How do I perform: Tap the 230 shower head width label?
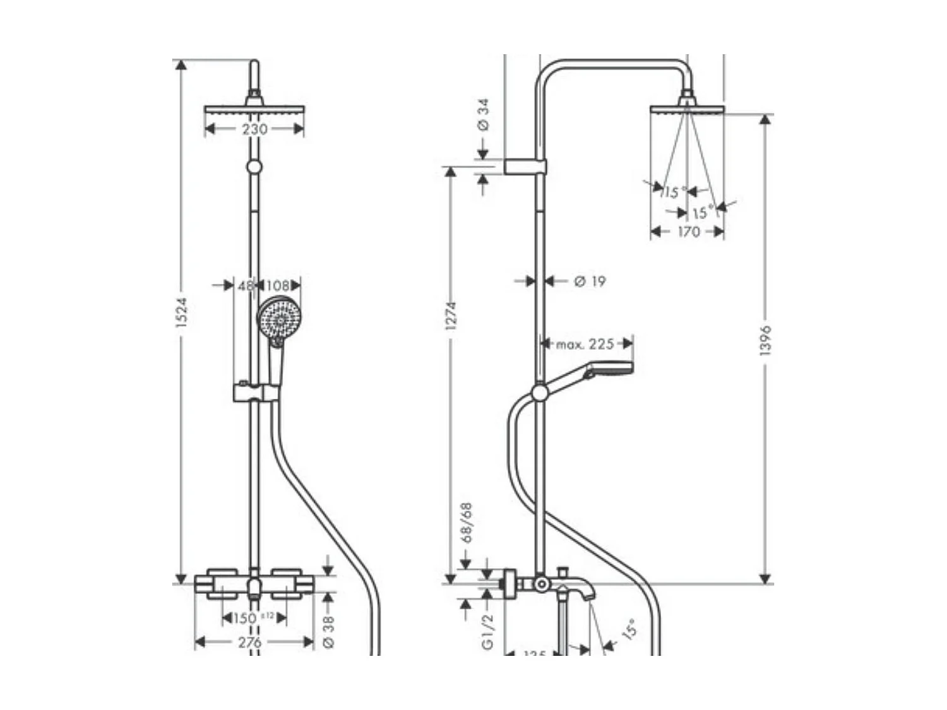pyautogui.click(x=254, y=129)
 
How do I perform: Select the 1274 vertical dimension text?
pyautogui.click(x=451, y=316)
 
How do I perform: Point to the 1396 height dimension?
pyautogui.click(x=766, y=341)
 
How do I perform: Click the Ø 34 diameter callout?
pyautogui.click(x=484, y=115)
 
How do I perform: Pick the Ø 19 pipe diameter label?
pyautogui.click(x=590, y=281)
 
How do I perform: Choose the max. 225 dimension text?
pyautogui.click(x=585, y=344)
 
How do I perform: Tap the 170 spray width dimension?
pyautogui.click(x=688, y=232)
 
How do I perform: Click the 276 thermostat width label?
pyautogui.click(x=250, y=642)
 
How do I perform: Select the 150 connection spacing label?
pyautogui.click(x=245, y=618)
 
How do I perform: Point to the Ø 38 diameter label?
pyautogui.click(x=329, y=631)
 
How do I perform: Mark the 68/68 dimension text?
pyautogui.click(x=467, y=523)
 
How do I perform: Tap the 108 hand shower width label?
pyautogui.click(x=277, y=285)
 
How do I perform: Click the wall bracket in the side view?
pyautogui.click(x=525, y=167)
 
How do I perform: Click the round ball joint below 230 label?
pyautogui.click(x=254, y=166)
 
